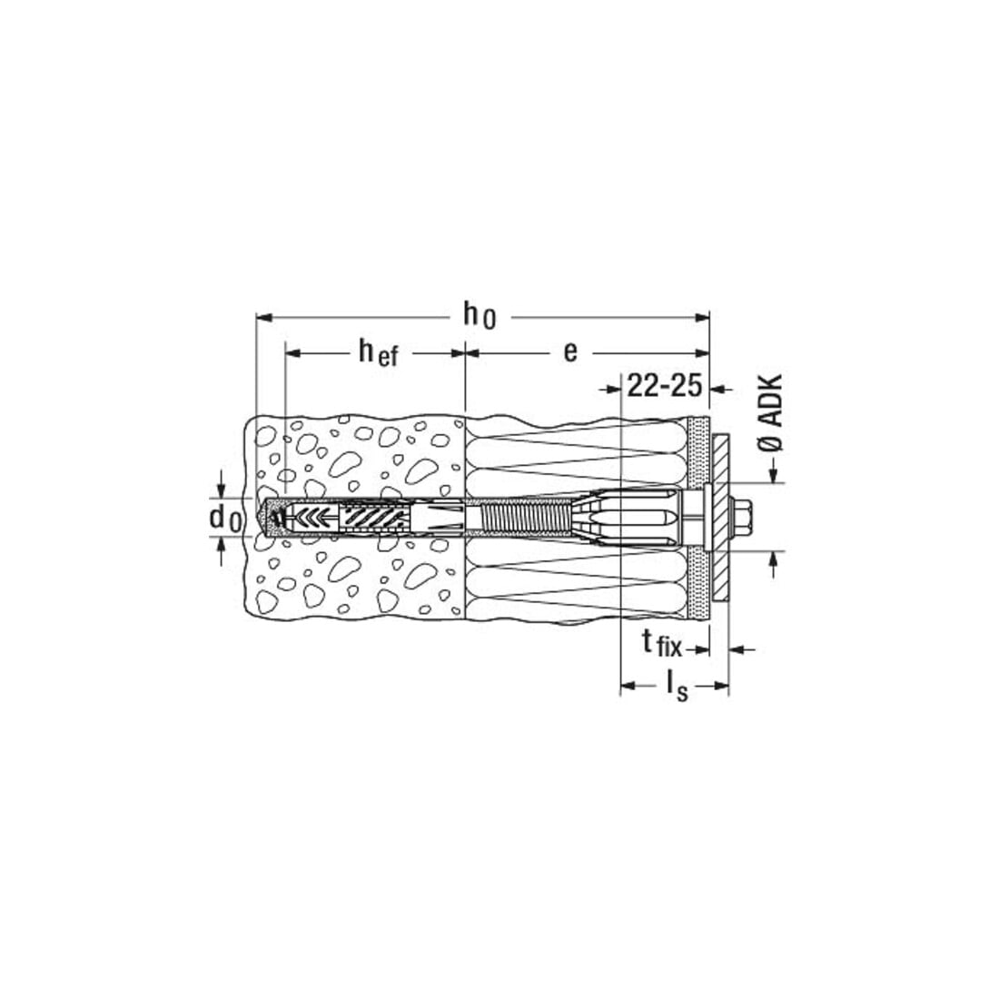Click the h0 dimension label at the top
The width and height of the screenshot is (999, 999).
[480, 316]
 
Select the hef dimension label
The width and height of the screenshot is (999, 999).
[378, 352]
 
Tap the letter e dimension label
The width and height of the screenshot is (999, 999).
[571, 351]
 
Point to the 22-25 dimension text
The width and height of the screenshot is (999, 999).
[665, 386]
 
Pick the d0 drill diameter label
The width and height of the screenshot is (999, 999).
[225, 518]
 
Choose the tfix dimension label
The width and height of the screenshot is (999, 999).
[661, 645]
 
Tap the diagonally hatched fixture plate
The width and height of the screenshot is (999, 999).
[720, 517]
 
